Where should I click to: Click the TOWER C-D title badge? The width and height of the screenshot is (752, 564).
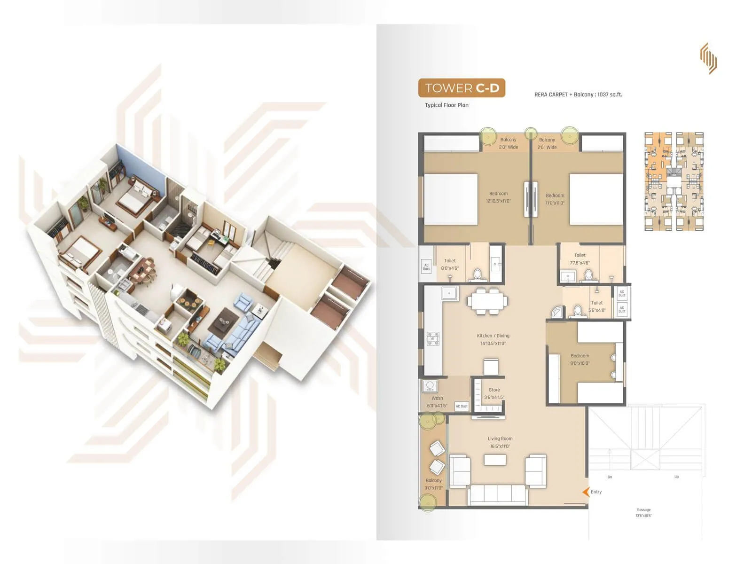coord(462,88)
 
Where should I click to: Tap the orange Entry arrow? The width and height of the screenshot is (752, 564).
coord(586,492)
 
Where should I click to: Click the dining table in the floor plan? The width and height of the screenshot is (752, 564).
coord(487,301)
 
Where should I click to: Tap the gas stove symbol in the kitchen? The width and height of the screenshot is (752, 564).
coord(433,338)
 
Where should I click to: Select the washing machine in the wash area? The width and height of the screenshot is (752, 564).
coord(430,386)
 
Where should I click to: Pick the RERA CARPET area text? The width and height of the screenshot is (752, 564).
coord(578,94)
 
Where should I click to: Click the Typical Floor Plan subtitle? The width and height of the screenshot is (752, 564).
coord(446,105)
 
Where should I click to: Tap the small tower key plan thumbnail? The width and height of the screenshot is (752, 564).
coord(674,181)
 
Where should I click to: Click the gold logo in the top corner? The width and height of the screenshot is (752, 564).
coord(708,58)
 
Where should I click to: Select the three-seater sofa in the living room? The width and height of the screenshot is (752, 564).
coord(498,495)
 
